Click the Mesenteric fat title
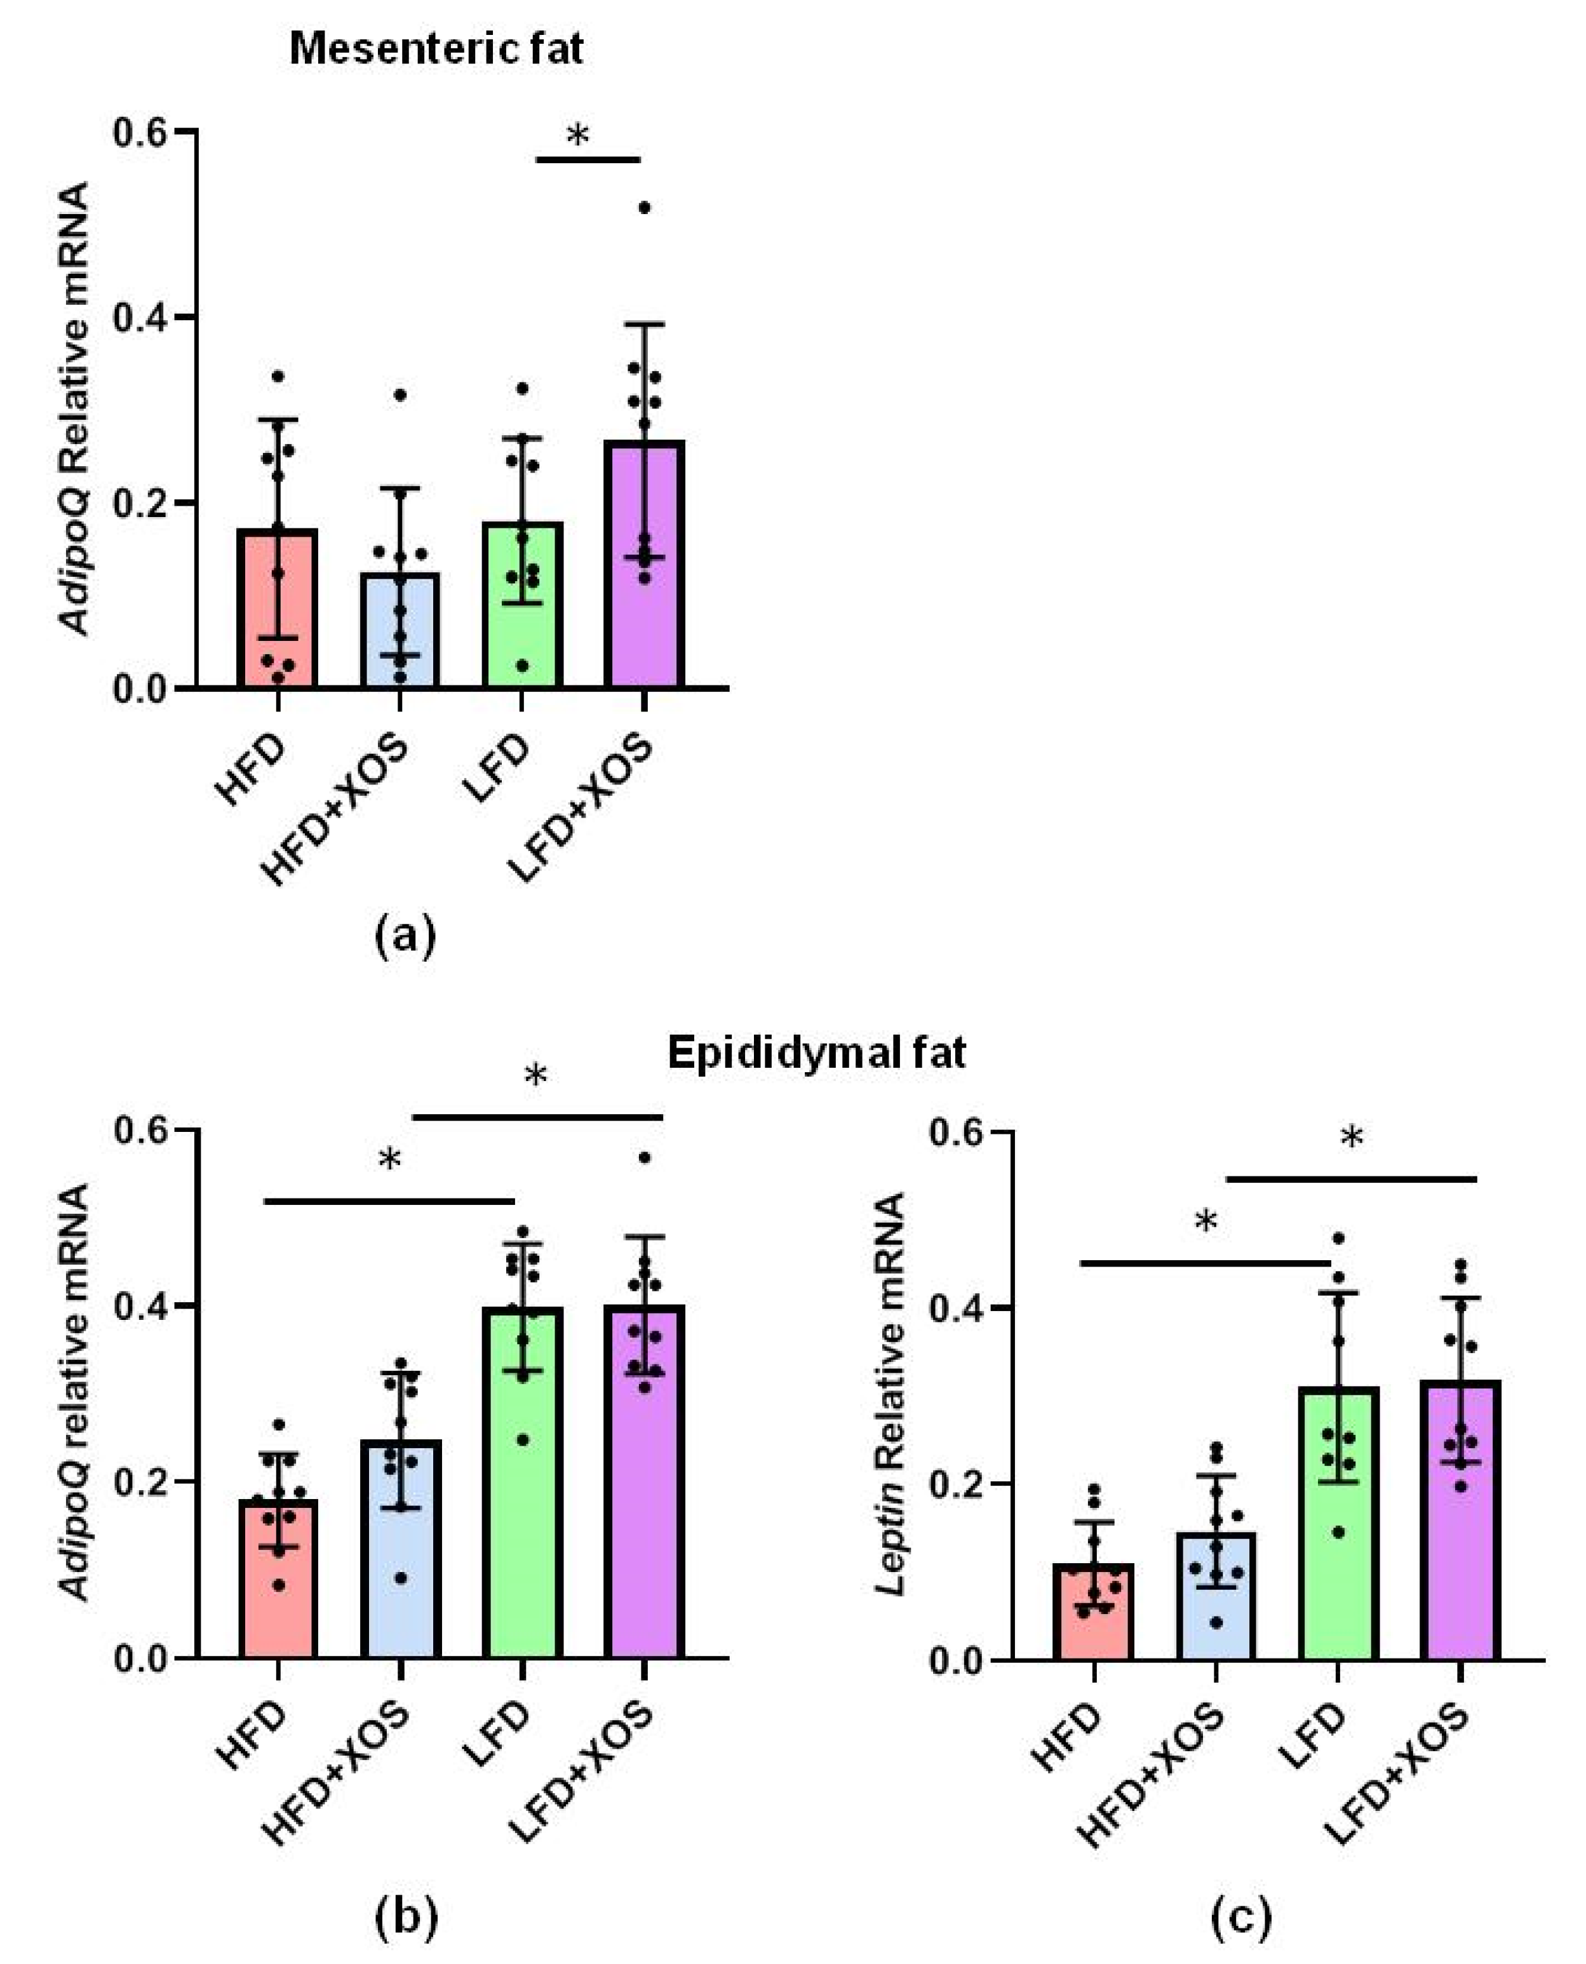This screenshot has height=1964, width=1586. click(436, 48)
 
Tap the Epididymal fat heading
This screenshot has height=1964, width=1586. click(816, 1053)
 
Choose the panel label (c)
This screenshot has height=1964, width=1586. click(1240, 1916)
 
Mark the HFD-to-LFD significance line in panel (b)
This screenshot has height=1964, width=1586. click(389, 1201)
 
